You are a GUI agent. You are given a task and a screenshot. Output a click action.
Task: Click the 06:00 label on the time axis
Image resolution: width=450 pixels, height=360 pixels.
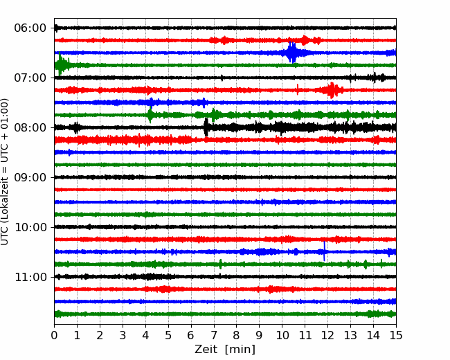(30, 28)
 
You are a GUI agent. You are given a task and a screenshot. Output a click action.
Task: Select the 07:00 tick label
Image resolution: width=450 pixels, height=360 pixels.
(30, 78)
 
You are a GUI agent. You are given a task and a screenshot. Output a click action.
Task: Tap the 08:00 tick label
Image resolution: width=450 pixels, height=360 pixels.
(30, 127)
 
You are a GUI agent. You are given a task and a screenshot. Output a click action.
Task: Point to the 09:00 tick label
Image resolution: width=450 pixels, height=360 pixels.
(30, 177)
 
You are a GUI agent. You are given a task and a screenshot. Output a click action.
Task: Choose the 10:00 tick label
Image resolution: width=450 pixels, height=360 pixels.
(30, 227)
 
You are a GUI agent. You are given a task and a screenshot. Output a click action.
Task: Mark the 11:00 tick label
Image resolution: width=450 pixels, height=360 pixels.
(30, 277)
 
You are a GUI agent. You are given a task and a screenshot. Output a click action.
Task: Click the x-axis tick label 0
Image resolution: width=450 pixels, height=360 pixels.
(54, 335)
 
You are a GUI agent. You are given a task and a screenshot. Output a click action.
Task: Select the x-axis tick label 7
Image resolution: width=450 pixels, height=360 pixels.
(213, 335)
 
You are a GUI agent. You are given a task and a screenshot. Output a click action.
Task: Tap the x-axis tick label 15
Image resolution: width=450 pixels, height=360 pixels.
(396, 335)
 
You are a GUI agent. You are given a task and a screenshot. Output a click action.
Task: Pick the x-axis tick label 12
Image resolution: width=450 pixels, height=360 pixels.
(327, 335)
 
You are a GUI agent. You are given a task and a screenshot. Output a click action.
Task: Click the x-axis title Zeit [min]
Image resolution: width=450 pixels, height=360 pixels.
(225, 350)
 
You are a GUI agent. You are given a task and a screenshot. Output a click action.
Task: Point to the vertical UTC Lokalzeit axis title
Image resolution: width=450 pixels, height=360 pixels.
(5, 172)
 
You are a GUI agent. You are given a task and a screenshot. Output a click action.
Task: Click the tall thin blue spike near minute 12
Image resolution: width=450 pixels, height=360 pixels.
(324, 251)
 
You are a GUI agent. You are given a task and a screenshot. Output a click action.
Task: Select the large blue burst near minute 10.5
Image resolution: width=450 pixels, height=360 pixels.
(292, 53)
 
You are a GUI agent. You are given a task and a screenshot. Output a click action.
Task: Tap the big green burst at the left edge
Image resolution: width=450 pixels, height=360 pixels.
(61, 64)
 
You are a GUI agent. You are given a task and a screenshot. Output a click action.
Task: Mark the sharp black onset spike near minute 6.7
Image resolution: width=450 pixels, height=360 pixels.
(206, 127)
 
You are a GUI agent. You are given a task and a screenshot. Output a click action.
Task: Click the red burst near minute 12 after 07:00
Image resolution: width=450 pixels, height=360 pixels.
(332, 90)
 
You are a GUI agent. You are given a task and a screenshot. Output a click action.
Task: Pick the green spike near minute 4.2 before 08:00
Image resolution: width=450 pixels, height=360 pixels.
(150, 114)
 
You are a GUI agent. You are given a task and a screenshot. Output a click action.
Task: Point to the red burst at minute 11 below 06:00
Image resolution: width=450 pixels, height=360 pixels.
(305, 40)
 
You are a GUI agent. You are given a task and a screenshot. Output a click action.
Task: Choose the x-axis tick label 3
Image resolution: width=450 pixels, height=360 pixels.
(123, 335)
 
